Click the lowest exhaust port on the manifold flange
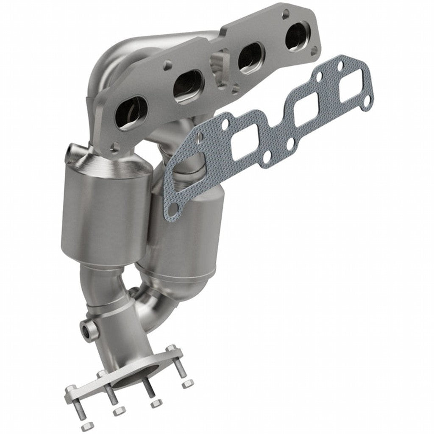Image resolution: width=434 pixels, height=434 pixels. pos(130,112)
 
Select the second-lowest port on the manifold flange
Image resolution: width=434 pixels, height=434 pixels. pos(189,86)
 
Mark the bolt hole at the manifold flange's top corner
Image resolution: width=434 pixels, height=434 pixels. pos(286,13)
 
